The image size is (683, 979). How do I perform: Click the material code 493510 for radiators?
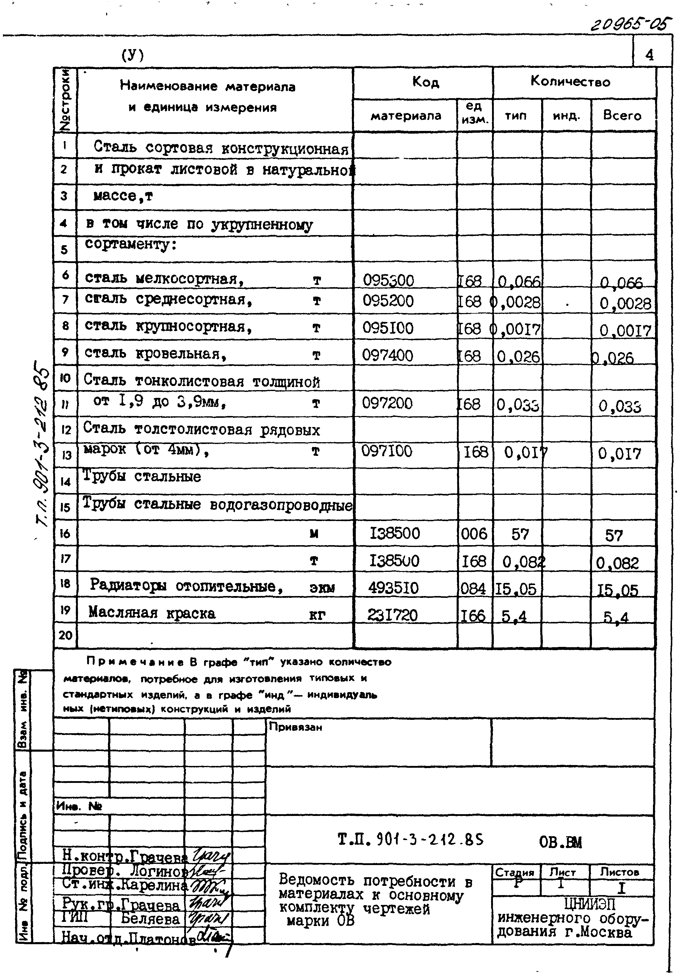(393, 588)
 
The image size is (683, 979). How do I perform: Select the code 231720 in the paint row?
(392, 615)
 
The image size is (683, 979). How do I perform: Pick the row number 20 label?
(65, 635)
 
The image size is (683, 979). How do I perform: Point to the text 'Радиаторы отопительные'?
(186, 586)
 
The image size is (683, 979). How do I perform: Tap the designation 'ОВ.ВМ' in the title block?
(560, 842)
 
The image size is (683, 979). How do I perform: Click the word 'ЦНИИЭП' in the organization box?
(589, 904)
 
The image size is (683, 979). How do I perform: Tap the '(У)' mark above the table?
(133, 55)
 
